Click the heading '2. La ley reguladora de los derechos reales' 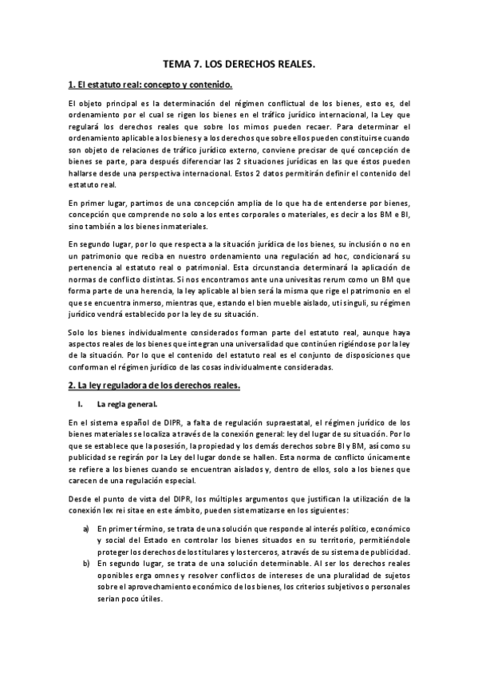[154, 386]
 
